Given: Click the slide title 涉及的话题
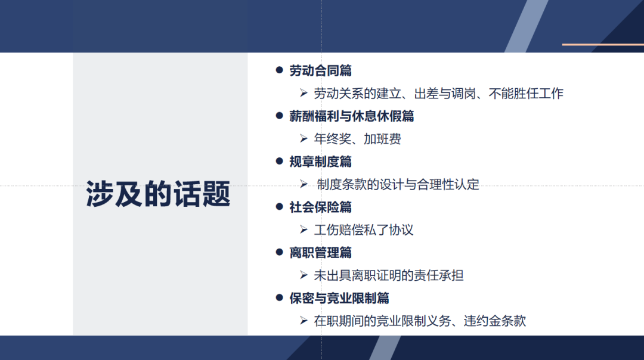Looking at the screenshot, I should [158, 194].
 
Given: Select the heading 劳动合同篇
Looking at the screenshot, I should [320, 71].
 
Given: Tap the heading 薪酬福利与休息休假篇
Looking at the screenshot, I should [351, 116].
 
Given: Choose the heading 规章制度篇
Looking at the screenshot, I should [320, 162].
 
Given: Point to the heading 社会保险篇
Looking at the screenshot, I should [320, 207].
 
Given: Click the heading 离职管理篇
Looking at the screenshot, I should [320, 252].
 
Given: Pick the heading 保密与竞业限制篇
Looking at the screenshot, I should [339, 297].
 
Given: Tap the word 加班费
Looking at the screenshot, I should [382, 139].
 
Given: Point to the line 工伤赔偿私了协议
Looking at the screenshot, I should [364, 230].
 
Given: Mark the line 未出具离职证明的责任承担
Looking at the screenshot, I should [389, 275].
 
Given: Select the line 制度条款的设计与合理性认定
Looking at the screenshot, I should [398, 185].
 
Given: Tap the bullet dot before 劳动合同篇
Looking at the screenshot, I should [278, 70].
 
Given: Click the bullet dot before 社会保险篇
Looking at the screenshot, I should [278, 206].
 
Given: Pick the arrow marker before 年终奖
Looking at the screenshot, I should [304, 139].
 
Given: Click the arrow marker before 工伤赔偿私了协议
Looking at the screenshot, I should [304, 229].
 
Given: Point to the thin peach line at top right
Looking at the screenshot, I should [602, 44].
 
